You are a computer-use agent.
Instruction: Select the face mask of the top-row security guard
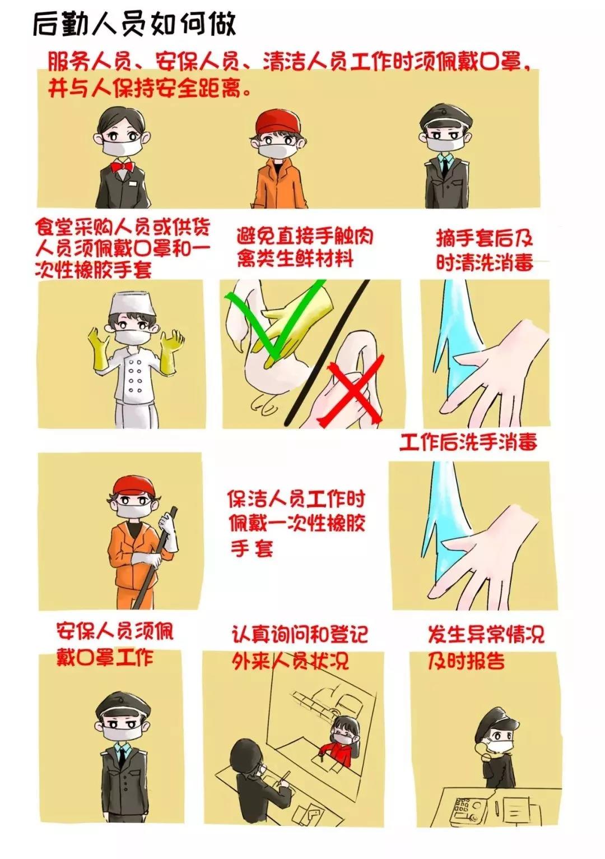(x=442, y=142)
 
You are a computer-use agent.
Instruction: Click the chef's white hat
(x=132, y=305)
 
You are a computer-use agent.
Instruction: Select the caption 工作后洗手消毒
(x=468, y=442)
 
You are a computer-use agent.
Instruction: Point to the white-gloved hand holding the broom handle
(x=167, y=524)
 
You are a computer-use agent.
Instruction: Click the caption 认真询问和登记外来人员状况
(x=300, y=648)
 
